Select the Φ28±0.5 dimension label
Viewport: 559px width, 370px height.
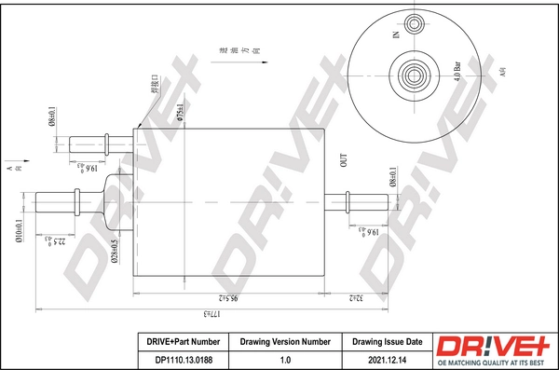coord(113,254)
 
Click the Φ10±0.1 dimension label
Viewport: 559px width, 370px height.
coord(19,228)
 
